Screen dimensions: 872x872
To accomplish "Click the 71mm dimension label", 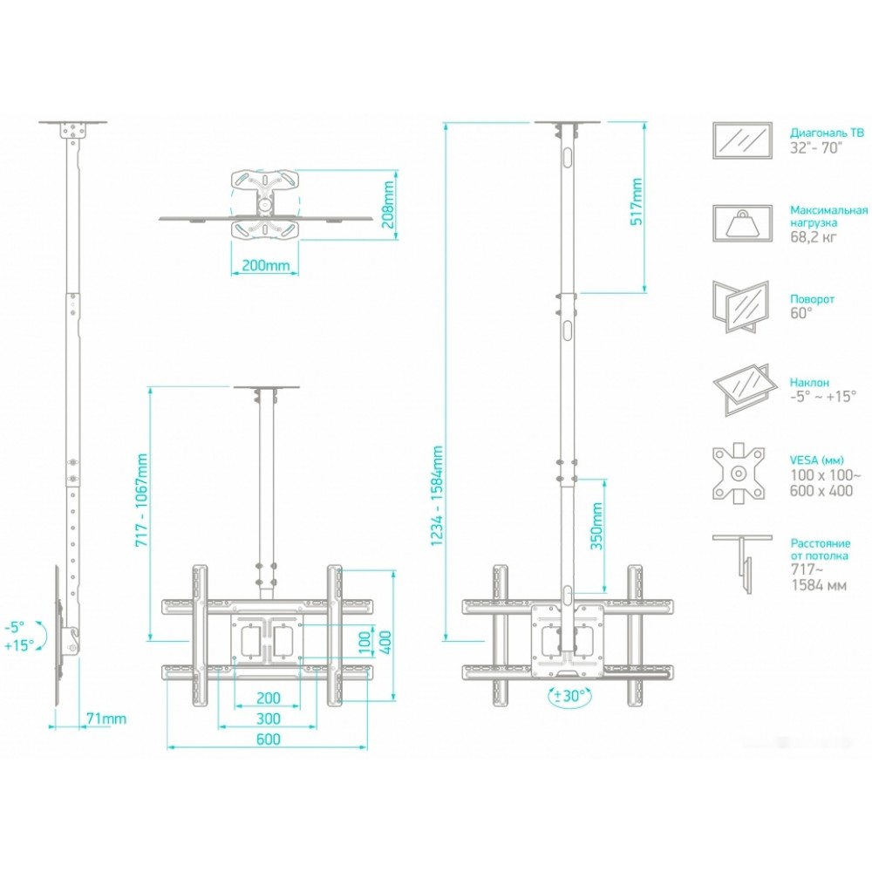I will pos(107,719).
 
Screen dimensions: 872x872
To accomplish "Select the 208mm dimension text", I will pos(390,200).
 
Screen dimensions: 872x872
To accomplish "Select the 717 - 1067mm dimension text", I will pos(142,498).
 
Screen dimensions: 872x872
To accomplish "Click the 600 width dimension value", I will pos(268,740).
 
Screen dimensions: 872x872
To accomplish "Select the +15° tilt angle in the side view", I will pos(18,645).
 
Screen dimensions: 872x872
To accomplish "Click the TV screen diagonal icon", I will pos(741,140).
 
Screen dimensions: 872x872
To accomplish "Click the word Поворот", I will pos(812,298).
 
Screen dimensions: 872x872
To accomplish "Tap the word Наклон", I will pos(809,382).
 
